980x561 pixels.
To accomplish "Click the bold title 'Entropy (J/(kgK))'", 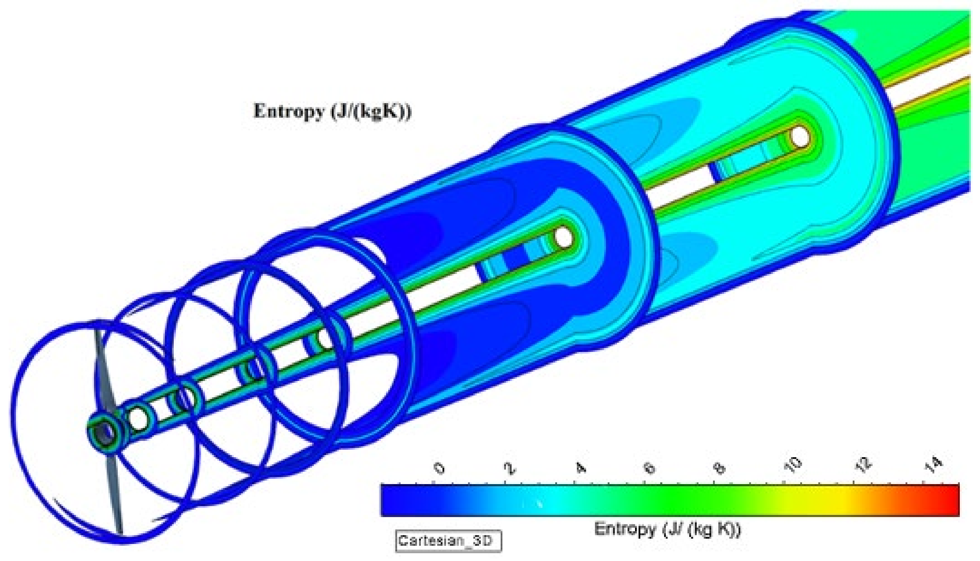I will (332, 112).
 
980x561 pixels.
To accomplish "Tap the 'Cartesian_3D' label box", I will (448, 541).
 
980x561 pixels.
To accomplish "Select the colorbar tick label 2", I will (510, 468).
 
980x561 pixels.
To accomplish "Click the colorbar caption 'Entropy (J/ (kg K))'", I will (667, 529).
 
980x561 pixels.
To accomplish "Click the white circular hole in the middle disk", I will (563, 237).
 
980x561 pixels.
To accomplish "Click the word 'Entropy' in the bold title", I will (288, 112).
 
